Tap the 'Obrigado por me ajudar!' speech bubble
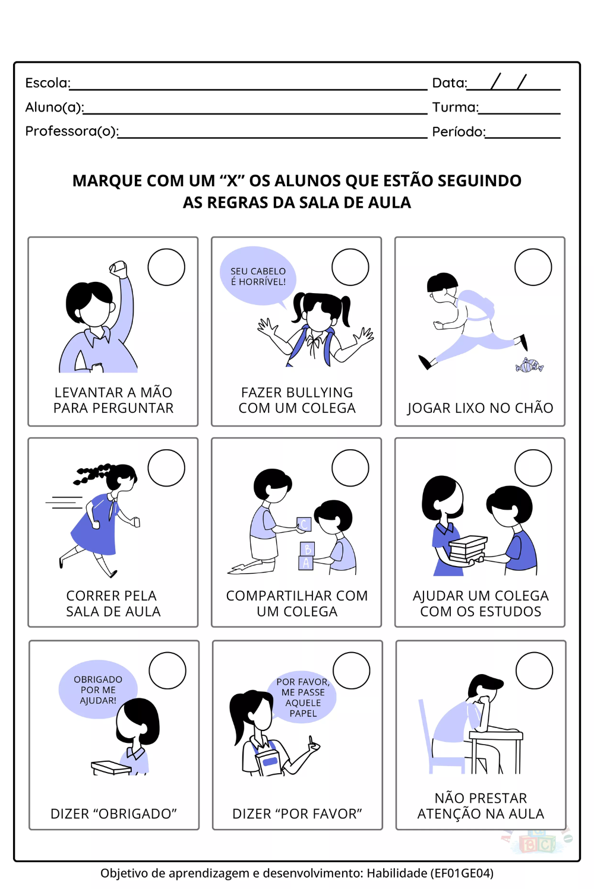(x=98, y=689)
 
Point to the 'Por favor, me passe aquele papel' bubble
(x=303, y=697)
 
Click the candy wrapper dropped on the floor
(x=529, y=365)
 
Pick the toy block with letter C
(x=304, y=525)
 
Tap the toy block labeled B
(x=307, y=549)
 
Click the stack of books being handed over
(x=468, y=549)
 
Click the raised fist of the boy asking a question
(x=119, y=269)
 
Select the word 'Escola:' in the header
(x=48, y=82)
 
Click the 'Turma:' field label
(x=456, y=107)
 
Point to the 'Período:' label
(x=459, y=132)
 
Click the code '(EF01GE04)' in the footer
(x=462, y=873)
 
